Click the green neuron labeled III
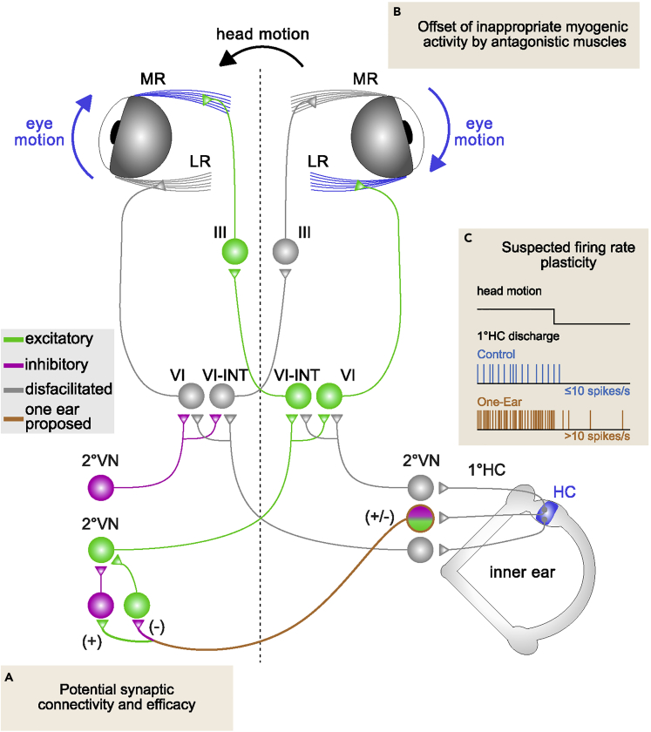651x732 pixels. click(235, 254)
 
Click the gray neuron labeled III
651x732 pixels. click(284, 254)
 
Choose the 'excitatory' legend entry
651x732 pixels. click(57, 339)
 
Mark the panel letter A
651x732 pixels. click(10, 676)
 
